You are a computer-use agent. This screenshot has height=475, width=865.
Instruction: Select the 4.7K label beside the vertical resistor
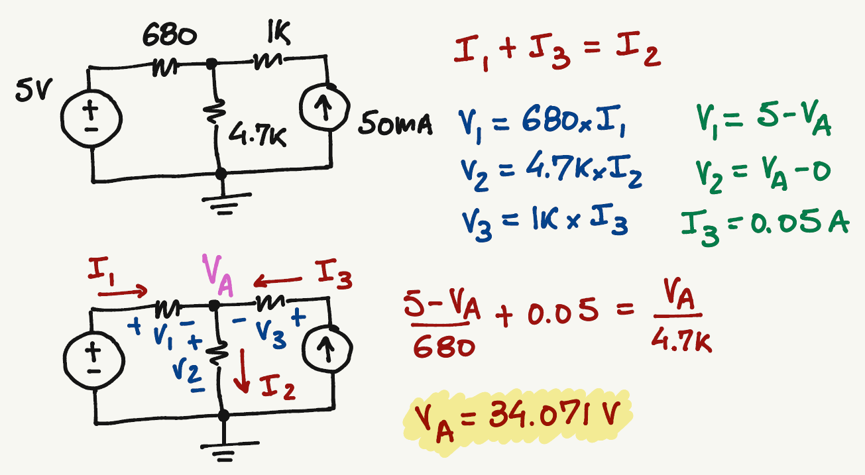tap(258, 136)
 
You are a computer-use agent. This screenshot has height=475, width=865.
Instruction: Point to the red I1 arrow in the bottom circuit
tap(126, 290)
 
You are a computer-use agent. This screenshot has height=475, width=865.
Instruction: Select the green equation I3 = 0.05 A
tap(762, 225)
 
